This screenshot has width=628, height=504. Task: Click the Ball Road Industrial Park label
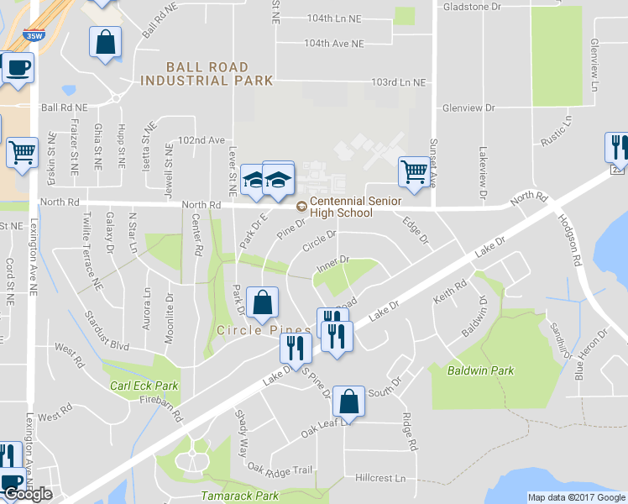207,74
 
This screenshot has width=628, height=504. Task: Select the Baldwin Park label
480,370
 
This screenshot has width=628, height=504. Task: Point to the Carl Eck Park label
144,386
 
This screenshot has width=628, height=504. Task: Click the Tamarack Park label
239,496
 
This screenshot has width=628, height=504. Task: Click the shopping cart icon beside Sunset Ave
414,171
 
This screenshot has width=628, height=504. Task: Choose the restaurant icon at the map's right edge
617,147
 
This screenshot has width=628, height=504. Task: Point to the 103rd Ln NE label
398,82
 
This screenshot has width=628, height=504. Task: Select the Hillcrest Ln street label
379,478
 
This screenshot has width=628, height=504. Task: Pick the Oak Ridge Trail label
280,470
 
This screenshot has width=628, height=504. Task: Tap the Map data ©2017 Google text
578,497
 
